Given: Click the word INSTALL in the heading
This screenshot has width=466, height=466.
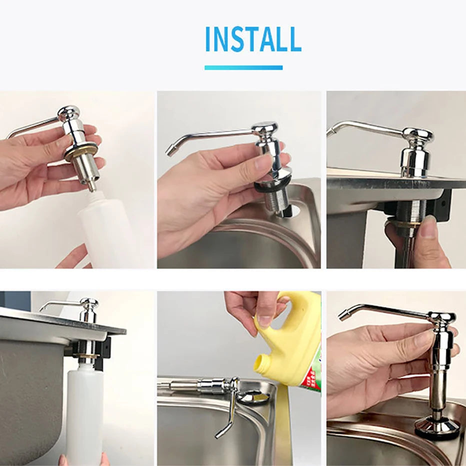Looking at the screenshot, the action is pos(253,39).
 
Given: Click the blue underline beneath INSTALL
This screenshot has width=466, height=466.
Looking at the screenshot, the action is pos(243,68).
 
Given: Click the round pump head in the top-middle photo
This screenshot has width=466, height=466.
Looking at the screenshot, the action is pos(264,128).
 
